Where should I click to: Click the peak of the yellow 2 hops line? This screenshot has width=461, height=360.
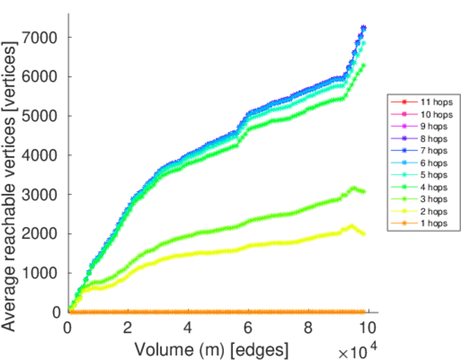[x=352, y=226]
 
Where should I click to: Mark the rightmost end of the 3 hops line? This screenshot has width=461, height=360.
[x=363, y=191]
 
